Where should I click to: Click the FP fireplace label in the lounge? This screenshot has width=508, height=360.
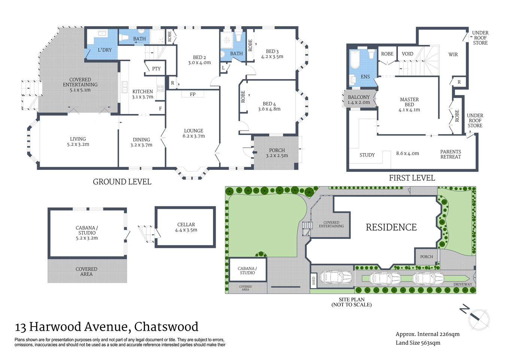point(192,94)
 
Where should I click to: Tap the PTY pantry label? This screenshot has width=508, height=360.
point(156,69)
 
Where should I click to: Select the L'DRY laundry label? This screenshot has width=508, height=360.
point(104,50)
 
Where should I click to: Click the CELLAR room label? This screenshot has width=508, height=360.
point(186,225)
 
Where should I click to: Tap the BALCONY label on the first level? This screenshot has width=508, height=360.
point(359,97)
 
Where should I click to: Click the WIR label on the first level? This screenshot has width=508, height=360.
point(453,54)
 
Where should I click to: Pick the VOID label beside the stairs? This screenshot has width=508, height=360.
point(407,54)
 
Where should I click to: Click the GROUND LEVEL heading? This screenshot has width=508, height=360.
point(122,182)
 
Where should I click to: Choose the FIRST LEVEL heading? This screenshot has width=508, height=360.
point(412,178)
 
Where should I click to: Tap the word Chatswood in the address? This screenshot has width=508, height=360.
point(166,327)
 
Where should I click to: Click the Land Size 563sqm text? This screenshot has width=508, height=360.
point(418,343)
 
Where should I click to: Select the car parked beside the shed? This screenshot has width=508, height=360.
point(336,277)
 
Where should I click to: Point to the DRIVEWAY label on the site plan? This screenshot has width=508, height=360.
point(463,284)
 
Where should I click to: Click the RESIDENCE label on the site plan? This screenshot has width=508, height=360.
point(391,227)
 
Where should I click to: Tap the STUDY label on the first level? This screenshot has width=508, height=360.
point(367,155)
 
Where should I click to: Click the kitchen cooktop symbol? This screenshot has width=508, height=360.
point(160,88)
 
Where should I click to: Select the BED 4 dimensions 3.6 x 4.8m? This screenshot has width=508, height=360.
point(269,109)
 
